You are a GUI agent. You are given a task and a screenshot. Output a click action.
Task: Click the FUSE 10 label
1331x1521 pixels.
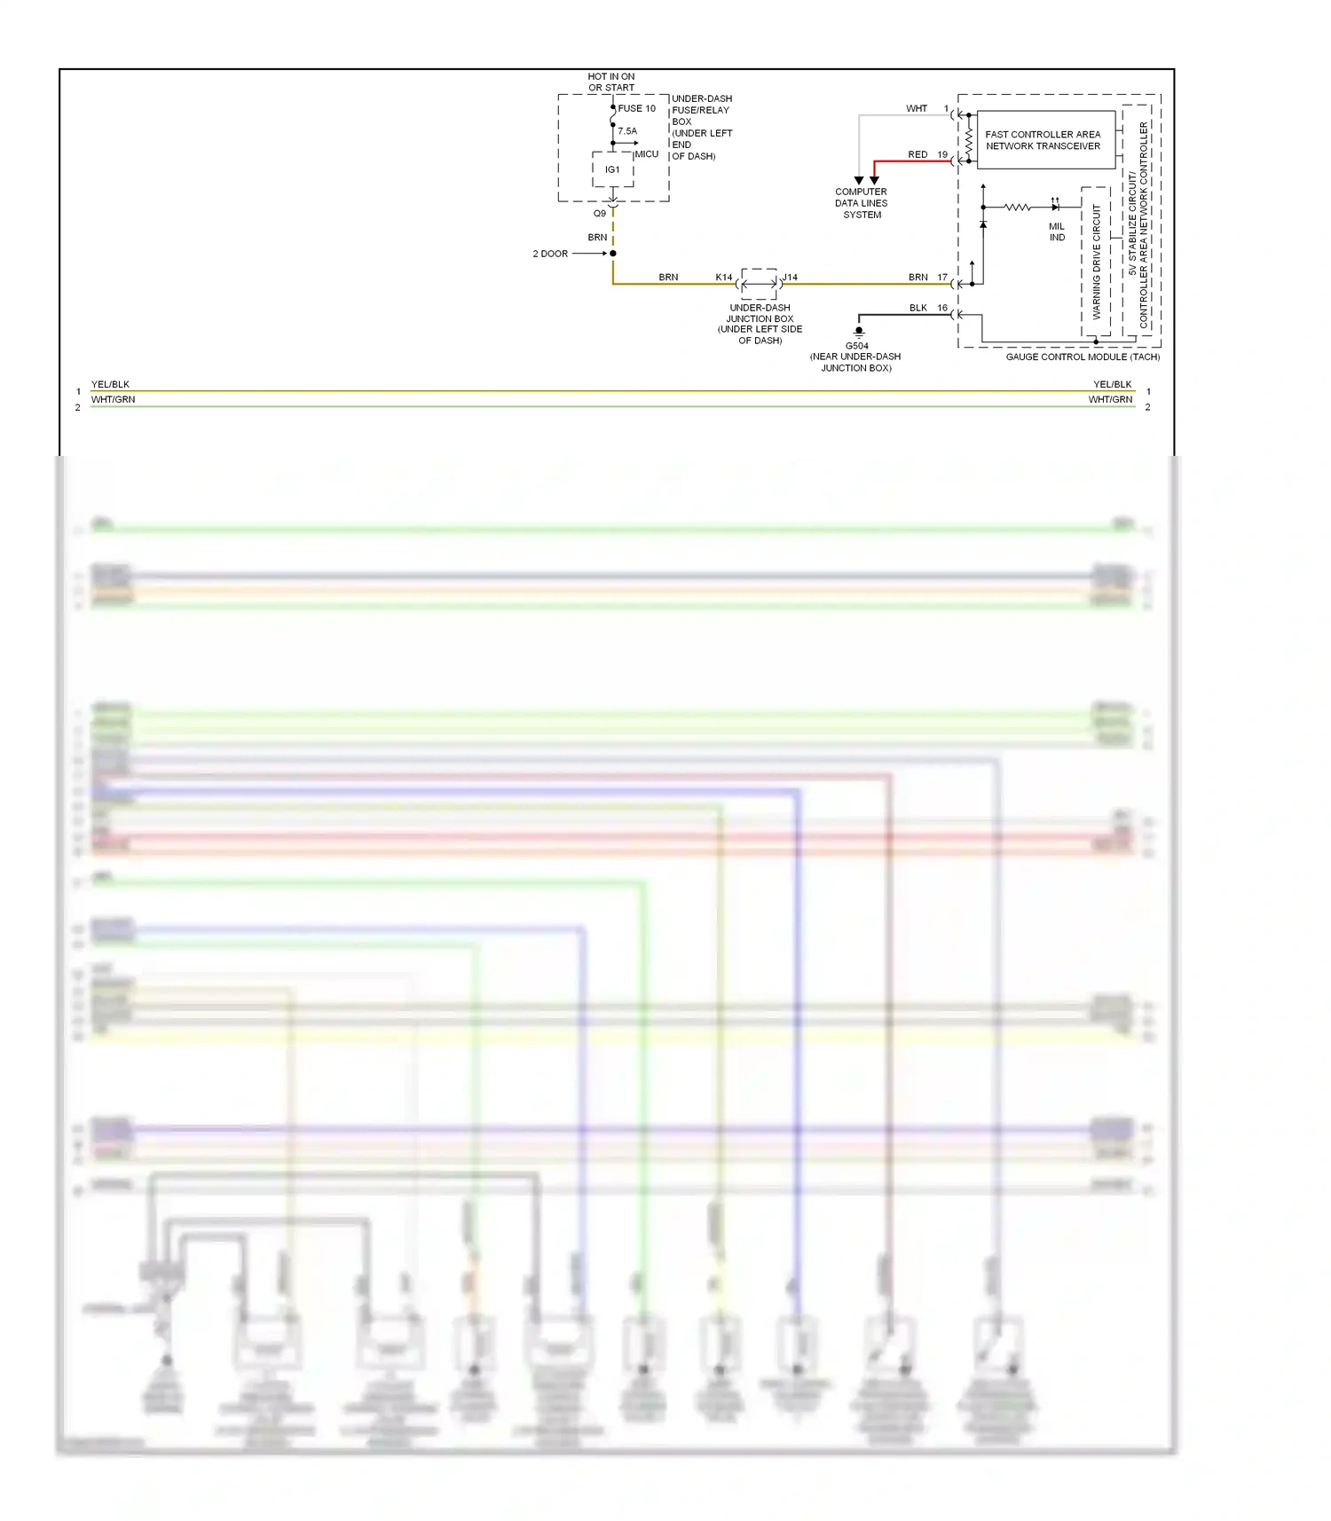(x=636, y=108)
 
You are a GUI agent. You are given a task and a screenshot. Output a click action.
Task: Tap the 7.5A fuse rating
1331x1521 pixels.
(x=627, y=131)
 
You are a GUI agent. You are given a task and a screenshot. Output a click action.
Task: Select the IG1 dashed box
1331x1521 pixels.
(x=612, y=169)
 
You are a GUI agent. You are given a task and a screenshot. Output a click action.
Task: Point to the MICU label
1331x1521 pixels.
(x=647, y=154)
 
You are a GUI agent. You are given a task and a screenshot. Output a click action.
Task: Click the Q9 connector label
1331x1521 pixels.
(x=600, y=214)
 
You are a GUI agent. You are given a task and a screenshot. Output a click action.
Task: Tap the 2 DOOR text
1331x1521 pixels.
(x=550, y=254)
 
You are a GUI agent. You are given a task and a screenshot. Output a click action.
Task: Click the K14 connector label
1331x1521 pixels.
(x=724, y=278)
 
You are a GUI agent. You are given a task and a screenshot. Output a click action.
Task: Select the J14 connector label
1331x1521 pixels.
(x=790, y=278)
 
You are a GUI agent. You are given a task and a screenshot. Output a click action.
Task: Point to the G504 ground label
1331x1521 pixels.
(x=857, y=346)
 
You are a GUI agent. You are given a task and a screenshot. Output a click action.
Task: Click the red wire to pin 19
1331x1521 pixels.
(x=914, y=161)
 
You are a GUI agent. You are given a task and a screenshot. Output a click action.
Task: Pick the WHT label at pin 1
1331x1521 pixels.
(x=917, y=108)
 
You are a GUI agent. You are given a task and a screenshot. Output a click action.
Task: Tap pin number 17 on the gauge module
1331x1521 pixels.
(x=942, y=278)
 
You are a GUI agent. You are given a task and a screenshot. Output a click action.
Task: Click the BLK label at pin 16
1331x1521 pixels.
(x=918, y=308)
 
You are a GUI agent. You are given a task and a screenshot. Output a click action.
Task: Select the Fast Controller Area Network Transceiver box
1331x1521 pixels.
(x=1044, y=140)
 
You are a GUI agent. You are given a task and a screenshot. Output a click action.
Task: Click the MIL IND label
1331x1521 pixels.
(x=1057, y=232)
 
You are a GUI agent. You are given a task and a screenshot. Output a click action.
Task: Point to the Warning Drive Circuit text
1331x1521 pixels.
(x=1096, y=262)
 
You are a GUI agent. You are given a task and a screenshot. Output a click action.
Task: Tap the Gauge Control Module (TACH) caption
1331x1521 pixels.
(x=1083, y=357)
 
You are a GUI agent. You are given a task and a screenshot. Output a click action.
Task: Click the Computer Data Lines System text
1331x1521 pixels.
(x=861, y=203)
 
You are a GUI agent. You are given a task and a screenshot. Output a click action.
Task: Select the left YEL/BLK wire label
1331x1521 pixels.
(x=110, y=384)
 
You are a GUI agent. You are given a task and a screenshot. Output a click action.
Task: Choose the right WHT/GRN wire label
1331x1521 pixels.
(x=1110, y=400)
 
